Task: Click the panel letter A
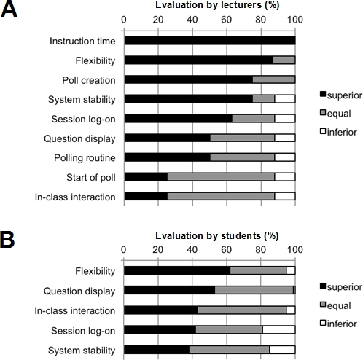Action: point(9,9)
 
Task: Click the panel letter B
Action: point(7,239)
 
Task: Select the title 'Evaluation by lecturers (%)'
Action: point(217,5)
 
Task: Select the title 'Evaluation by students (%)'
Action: point(216,235)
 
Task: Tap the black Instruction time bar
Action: point(210,41)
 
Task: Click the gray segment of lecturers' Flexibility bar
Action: point(284,60)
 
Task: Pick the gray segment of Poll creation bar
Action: point(274,79)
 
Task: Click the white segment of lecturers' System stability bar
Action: point(285,99)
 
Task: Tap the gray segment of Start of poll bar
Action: point(221,177)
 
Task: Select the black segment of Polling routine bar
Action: point(168,157)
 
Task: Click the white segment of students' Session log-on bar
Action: point(279,330)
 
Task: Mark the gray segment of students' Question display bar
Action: point(254,290)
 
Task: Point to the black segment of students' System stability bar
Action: point(157,350)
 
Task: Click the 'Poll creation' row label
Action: point(89,80)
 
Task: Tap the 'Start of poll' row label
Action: point(91,178)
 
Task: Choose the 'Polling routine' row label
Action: point(85,158)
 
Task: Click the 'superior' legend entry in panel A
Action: point(341,95)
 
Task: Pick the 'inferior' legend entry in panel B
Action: point(338,324)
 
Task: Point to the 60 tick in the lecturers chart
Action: point(226,20)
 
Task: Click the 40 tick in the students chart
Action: point(192,250)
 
